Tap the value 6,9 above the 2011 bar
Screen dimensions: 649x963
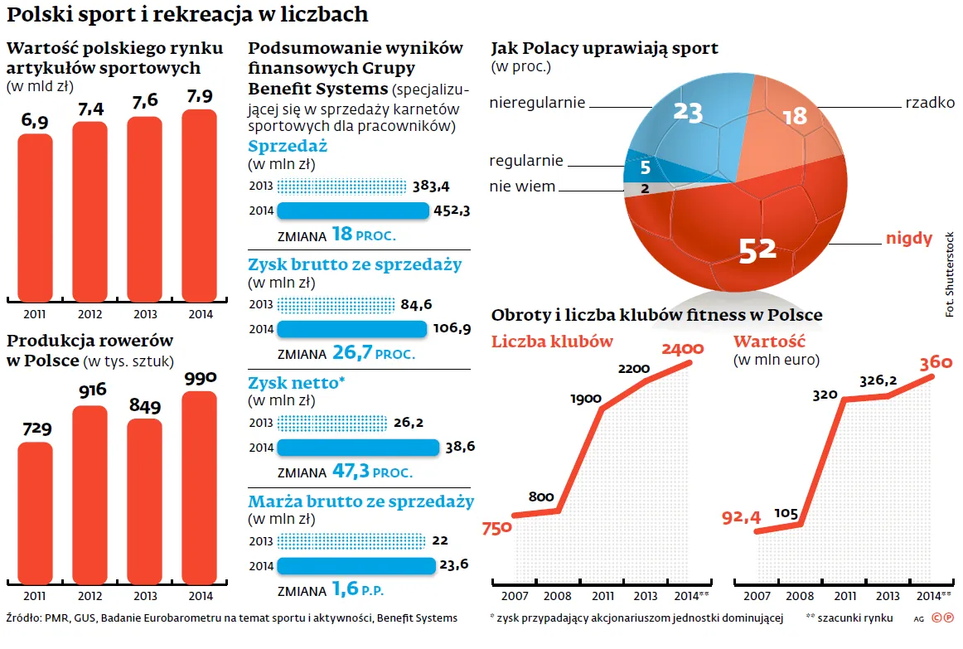(x=36, y=121)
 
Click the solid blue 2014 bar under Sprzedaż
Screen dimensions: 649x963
(x=353, y=211)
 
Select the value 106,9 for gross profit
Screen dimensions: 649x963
(x=452, y=329)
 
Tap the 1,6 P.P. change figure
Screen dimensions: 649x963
(x=358, y=590)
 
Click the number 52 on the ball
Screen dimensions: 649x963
(x=756, y=250)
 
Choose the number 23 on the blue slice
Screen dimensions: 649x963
(x=688, y=111)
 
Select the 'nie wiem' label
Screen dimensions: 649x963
(x=522, y=186)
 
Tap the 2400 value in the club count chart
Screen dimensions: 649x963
(x=682, y=349)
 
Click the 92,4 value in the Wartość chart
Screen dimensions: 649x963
(x=741, y=517)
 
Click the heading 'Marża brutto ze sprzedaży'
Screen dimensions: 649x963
(x=361, y=501)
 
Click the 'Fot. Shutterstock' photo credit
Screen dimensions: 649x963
(x=949, y=274)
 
